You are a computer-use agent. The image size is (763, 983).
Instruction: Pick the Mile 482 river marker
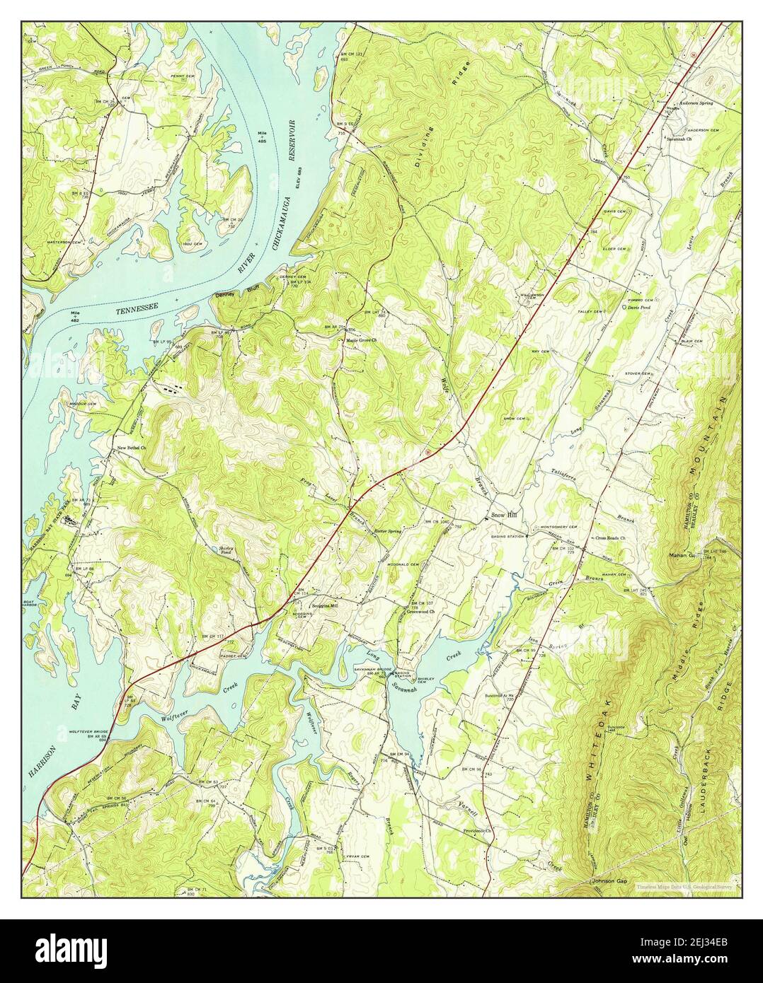pyautogui.click(x=76, y=314)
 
